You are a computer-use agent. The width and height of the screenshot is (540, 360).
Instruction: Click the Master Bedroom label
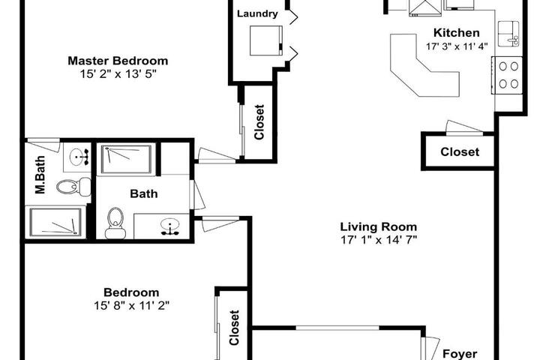click(x=118, y=61)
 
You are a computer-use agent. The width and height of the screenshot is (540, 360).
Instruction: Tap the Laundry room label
click(x=257, y=14)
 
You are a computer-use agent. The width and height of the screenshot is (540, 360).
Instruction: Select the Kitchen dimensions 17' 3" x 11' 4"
click(x=457, y=46)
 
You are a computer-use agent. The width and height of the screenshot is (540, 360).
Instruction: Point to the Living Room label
click(x=379, y=226)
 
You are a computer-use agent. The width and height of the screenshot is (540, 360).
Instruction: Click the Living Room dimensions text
click(x=379, y=239)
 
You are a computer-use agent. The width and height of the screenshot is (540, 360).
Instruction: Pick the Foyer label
click(x=460, y=354)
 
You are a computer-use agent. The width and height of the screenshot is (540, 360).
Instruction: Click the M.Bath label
click(x=40, y=175)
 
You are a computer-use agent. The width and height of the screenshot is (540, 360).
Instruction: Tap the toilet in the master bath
click(x=73, y=187)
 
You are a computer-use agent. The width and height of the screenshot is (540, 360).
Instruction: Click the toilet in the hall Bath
click(x=115, y=223)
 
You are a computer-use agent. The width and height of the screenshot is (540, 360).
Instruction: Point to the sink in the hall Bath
click(x=170, y=226)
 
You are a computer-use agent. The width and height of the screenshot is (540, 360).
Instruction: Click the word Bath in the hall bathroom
click(x=144, y=193)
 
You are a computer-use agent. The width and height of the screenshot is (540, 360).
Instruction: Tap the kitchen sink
click(x=508, y=34)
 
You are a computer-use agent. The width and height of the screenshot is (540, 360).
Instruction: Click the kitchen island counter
click(x=425, y=65)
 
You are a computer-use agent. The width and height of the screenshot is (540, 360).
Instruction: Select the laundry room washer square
click(x=266, y=40)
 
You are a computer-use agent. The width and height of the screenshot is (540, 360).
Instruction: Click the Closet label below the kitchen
click(x=460, y=152)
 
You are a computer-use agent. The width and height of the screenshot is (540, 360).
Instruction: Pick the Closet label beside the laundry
click(x=259, y=122)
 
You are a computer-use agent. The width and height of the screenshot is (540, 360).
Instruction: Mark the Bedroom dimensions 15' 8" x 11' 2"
click(x=131, y=305)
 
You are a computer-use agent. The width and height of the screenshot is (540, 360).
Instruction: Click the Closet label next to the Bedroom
click(x=234, y=328)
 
